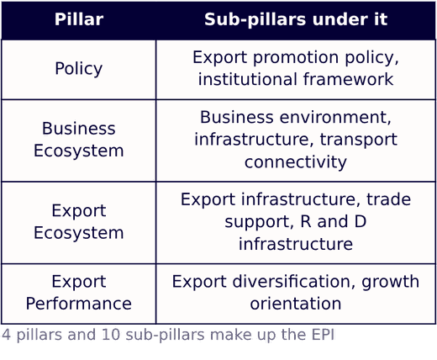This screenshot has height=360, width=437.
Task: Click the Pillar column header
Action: pos(79,19)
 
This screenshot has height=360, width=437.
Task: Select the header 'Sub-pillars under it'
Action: pos(296,19)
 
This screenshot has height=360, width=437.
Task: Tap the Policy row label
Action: pos(79,69)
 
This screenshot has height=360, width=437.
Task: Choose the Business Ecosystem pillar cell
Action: pos(79,140)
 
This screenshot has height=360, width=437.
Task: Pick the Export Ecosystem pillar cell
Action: pos(79,222)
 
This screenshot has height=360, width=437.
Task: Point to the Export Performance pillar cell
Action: pos(79,293)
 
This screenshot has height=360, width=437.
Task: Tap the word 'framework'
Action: pos(349,79)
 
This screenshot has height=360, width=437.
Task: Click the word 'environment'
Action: pos(335,117)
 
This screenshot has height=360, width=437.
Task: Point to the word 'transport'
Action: pos(359,140)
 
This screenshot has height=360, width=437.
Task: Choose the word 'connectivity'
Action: pos(296,162)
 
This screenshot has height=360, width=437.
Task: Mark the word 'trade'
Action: pos(388,199)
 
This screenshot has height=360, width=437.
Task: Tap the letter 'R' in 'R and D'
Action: pos(306,221)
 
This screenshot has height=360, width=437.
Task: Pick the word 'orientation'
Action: pos(296,304)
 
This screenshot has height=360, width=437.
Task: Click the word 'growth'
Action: pos(391,282)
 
